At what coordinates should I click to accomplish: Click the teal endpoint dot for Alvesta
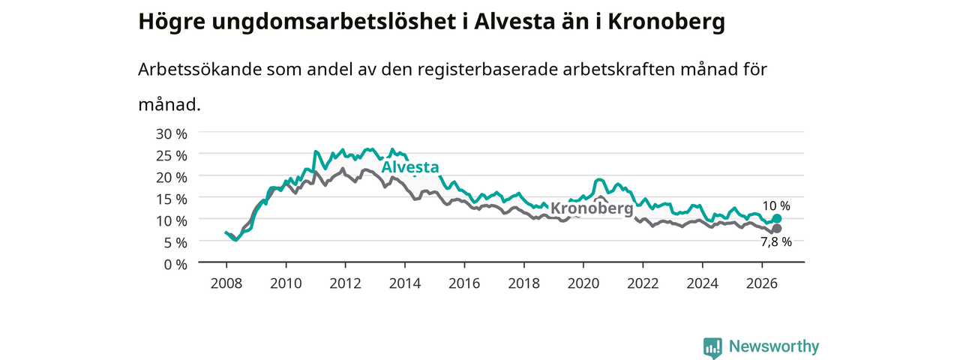776,218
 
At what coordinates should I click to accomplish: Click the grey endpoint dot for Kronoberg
776,229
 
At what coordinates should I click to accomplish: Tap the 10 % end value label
776,205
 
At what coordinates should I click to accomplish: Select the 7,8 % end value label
776,241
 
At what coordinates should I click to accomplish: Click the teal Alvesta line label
410,167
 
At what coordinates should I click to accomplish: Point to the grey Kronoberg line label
592,208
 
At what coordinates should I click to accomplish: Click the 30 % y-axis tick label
172,133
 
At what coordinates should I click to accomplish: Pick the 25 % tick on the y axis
172,155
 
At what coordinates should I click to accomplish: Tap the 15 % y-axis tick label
172,199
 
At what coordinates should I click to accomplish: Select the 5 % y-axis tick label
175,243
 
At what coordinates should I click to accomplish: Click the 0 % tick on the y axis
175,265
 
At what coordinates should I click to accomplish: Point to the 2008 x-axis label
226,283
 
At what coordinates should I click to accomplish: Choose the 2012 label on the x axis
346,283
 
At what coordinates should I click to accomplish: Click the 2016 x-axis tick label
464,283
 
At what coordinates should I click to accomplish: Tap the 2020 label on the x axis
583,283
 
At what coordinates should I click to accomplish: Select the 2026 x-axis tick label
762,283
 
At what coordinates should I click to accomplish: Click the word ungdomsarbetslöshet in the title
334,22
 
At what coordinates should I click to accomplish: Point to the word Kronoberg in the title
667,22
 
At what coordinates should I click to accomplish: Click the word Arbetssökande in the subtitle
199,70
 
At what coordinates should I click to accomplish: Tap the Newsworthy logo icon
712,347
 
